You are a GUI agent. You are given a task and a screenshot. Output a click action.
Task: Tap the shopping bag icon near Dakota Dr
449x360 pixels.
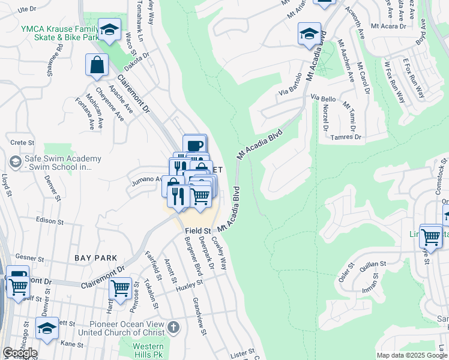click(x=97, y=65)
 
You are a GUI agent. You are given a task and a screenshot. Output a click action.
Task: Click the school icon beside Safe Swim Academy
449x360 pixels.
click(x=15, y=161)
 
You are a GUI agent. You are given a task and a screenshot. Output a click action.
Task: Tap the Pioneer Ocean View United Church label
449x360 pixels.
click(x=120, y=328)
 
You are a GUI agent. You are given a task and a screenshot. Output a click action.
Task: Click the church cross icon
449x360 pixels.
click(x=173, y=328)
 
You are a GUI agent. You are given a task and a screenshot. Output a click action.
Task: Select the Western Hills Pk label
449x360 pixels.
click(x=148, y=351)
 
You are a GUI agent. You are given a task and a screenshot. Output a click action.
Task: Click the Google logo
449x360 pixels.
click(x=20, y=353)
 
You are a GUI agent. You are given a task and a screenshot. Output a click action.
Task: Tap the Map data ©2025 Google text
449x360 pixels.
click(x=412, y=355)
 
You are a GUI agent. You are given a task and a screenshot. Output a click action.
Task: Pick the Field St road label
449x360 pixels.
click(x=197, y=230)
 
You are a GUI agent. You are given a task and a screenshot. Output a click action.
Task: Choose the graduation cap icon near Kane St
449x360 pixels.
click(x=47, y=328)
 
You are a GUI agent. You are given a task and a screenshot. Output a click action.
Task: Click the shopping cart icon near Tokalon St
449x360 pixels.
click(x=121, y=288)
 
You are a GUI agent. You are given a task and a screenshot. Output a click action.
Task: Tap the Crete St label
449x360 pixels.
click(x=23, y=142)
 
